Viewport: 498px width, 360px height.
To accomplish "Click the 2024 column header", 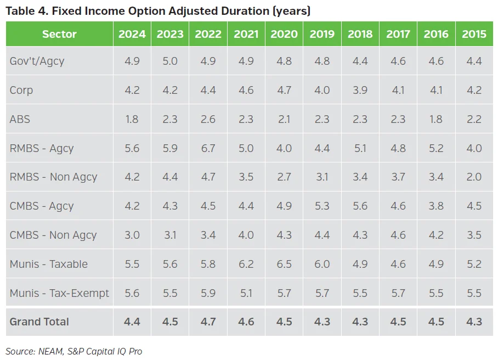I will click(132, 34).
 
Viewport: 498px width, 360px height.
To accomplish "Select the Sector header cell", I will click(59, 34).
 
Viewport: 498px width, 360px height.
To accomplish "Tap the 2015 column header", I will click(474, 34).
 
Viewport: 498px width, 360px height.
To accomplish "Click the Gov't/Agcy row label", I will click(37, 61).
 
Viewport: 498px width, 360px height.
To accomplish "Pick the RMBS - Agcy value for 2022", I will click(208, 148).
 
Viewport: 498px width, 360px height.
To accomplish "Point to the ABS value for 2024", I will click(132, 119).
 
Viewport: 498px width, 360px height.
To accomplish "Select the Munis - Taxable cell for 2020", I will click(284, 264).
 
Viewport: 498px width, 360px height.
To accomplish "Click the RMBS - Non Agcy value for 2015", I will click(474, 177).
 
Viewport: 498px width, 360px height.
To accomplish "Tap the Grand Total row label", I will click(39, 322).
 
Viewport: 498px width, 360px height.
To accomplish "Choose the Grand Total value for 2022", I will click(208, 322).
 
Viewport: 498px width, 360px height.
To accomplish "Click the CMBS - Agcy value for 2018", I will click(360, 206).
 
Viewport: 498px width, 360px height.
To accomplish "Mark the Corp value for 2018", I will click(360, 90).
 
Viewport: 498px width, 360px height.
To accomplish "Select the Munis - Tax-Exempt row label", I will click(59, 293).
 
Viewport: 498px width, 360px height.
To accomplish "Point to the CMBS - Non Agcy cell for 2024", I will click(132, 235).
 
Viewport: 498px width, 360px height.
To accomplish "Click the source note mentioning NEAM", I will click(73, 351).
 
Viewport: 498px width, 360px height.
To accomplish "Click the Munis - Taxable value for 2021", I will click(246, 264).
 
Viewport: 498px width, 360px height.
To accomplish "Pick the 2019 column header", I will click(322, 34).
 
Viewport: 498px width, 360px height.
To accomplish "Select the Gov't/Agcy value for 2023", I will click(170, 61).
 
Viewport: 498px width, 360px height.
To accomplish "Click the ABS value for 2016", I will click(436, 119).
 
